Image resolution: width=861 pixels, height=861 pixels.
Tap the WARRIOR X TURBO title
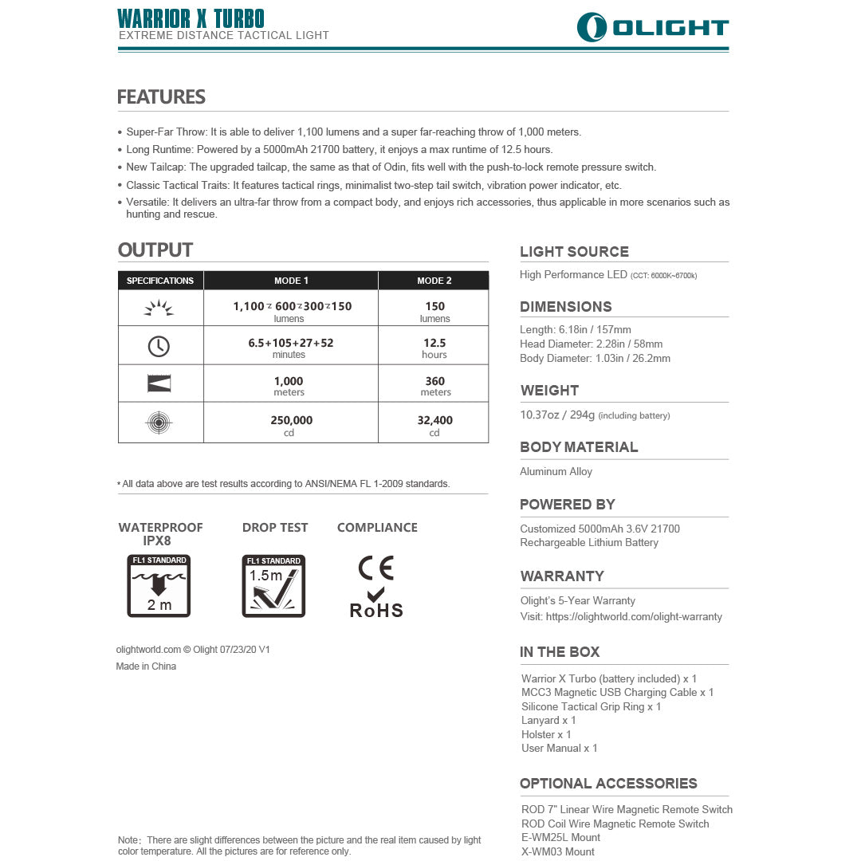click(191, 18)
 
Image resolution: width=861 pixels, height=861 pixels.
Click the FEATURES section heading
click(161, 97)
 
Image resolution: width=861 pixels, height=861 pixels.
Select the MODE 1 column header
click(291, 281)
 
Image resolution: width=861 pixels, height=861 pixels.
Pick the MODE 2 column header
click(434, 281)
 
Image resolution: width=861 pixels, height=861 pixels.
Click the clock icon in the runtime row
click(159, 346)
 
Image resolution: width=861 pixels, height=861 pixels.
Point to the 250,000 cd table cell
click(291, 424)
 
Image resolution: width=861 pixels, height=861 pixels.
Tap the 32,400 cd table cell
click(434, 424)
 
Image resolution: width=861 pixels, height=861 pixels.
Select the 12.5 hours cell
click(434, 348)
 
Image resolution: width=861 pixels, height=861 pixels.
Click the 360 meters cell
click(435, 385)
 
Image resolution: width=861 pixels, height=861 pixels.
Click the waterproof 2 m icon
click(159, 586)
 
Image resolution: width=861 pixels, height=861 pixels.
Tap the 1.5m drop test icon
click(273, 586)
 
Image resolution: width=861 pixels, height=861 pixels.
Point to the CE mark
click(376, 567)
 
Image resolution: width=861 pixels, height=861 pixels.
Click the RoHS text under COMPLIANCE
click(376, 611)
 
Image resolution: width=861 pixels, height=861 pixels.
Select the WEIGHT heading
click(549, 391)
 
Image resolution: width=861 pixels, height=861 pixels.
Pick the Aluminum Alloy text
click(556, 471)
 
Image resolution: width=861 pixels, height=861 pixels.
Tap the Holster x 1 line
click(546, 734)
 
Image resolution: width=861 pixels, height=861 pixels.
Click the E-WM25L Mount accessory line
click(560, 837)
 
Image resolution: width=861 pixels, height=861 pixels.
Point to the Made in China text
click(146, 666)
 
